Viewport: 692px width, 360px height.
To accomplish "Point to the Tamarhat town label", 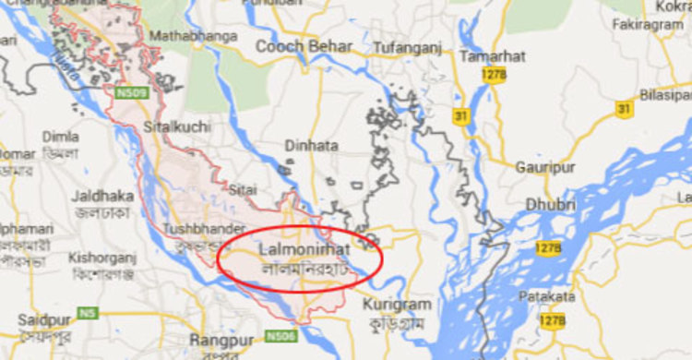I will (492, 56).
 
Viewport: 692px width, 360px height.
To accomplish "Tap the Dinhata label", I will (310, 146).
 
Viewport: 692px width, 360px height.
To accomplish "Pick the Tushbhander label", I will (204, 228).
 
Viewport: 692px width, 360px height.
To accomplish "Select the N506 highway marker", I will (284, 336).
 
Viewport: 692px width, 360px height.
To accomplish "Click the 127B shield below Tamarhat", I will (496, 76).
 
